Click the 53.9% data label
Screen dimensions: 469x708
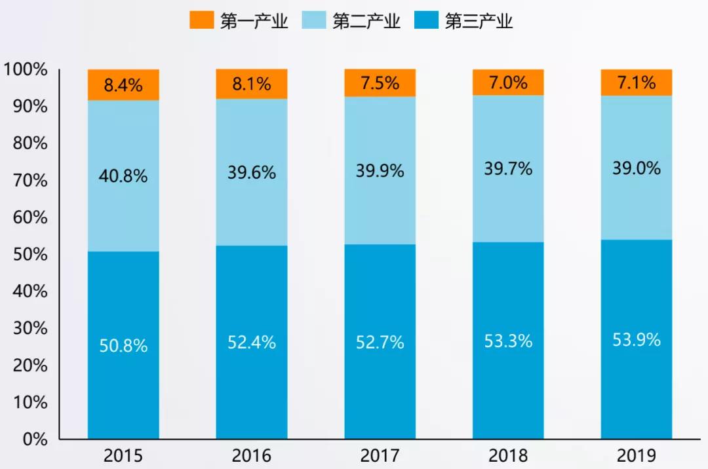(x=637, y=340)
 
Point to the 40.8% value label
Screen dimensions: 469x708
(x=123, y=176)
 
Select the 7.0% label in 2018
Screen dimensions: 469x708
(x=508, y=83)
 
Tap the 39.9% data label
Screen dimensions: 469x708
(x=380, y=172)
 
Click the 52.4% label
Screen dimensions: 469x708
(x=252, y=342)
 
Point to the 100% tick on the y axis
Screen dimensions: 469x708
(x=26, y=69)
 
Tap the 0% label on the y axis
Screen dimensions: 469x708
(x=35, y=439)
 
